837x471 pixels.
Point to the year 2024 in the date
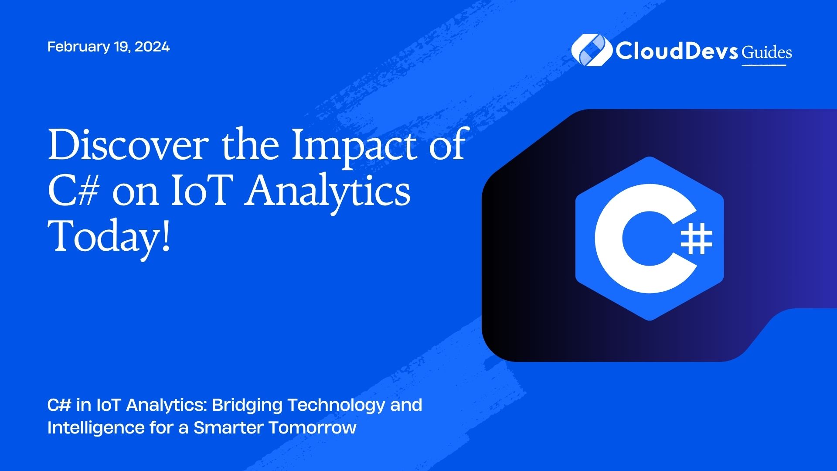pyautogui.click(x=152, y=47)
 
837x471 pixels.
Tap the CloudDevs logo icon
pyautogui.click(x=591, y=50)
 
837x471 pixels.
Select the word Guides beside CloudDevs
pyautogui.click(x=767, y=52)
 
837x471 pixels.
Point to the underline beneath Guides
pyautogui.click(x=764, y=65)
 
